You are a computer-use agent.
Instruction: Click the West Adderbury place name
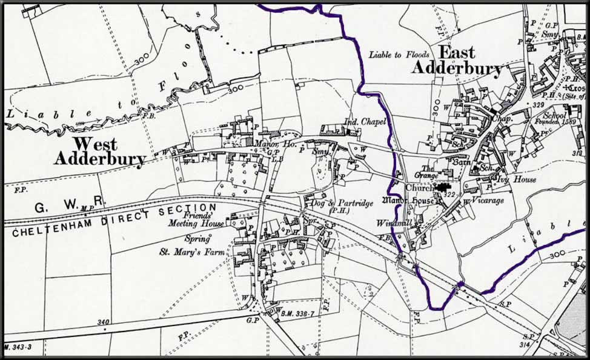(x=99, y=152)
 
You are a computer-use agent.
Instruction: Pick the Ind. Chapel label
(x=365, y=122)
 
